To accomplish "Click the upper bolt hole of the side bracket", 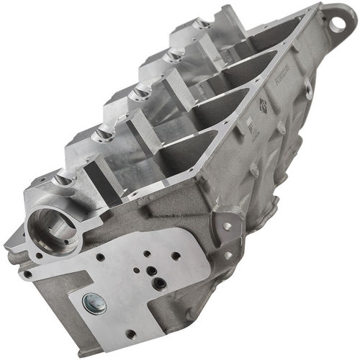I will pos(228,225).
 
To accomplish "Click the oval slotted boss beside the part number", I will pos(307,89).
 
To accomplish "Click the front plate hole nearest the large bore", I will pos(102,256).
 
